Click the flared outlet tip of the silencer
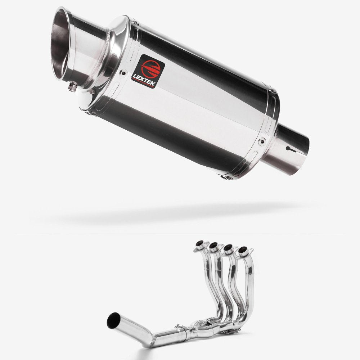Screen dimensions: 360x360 click(68, 40)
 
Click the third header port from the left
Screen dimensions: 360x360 click(228, 247)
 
